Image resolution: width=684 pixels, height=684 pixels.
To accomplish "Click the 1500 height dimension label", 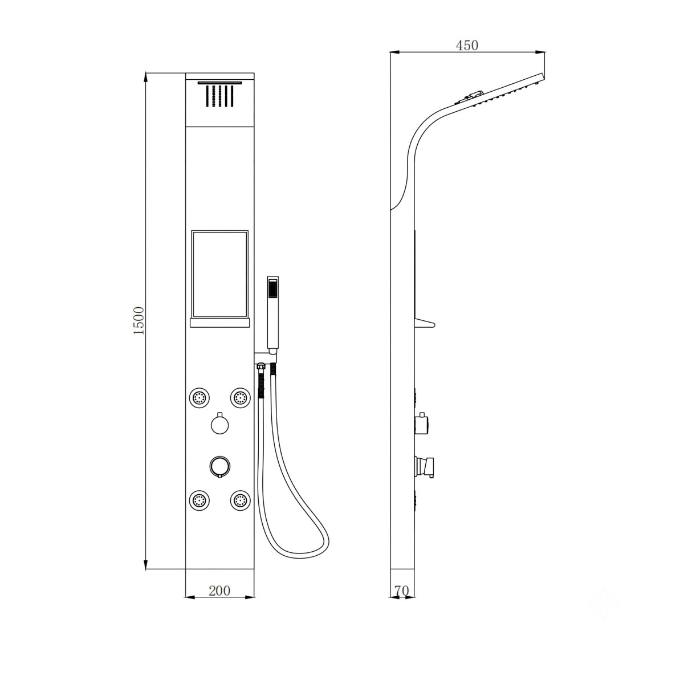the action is pos(139,320).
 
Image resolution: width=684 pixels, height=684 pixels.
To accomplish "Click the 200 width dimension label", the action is pos(219,591).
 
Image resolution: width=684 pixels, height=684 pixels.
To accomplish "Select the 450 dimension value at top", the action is pos(467,46).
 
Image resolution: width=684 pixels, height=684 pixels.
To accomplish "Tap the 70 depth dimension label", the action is pos(402,591).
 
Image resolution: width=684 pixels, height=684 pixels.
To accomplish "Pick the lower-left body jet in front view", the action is pos(199,501).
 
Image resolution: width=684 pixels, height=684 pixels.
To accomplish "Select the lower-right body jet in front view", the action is pos(241,501).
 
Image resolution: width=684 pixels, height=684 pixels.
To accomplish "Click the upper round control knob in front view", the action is pos(219,424).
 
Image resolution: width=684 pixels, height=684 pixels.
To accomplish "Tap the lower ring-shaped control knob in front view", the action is pos(219,466).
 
